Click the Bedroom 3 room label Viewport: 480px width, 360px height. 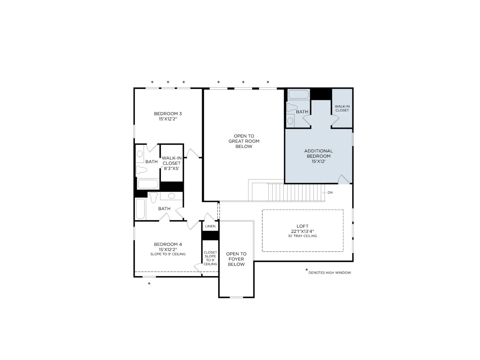168,116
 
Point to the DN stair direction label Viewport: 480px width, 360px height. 330,193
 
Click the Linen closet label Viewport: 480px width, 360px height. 210,226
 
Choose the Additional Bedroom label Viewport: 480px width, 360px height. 318,156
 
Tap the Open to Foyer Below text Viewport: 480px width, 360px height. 236,259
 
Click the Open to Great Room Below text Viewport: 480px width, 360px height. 244,141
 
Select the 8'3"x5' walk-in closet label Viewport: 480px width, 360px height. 171,163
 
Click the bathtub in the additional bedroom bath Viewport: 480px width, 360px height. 298,94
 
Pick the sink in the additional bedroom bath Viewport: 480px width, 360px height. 290,121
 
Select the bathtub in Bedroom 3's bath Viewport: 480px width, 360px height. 148,184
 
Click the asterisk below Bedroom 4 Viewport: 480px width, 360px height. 149,284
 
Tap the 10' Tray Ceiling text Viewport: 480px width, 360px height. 302,236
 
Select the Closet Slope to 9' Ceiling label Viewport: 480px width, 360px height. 210,258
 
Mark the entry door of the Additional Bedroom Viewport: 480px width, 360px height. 344,179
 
